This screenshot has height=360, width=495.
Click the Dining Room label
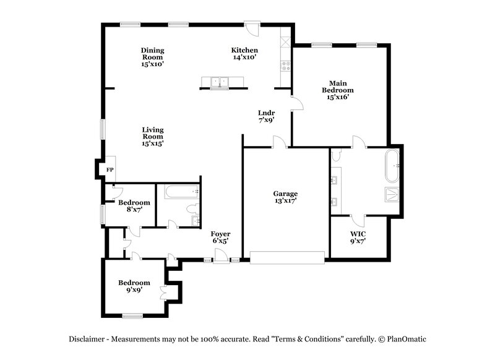click(152, 57)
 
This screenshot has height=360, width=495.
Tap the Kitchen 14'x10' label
click(244, 54)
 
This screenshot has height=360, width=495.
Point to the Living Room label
click(153, 136)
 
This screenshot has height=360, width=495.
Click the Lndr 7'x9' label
click(266, 116)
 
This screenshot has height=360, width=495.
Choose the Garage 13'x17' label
click(285, 197)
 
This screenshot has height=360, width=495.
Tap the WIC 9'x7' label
click(358, 238)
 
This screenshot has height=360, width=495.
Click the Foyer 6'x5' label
click(220, 238)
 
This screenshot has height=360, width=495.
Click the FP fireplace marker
click(110, 169)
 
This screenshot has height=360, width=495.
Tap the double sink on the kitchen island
click(220, 81)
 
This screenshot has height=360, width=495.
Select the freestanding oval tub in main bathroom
click(394, 165)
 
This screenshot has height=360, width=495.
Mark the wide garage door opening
click(287, 257)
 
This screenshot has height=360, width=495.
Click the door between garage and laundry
click(279, 144)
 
